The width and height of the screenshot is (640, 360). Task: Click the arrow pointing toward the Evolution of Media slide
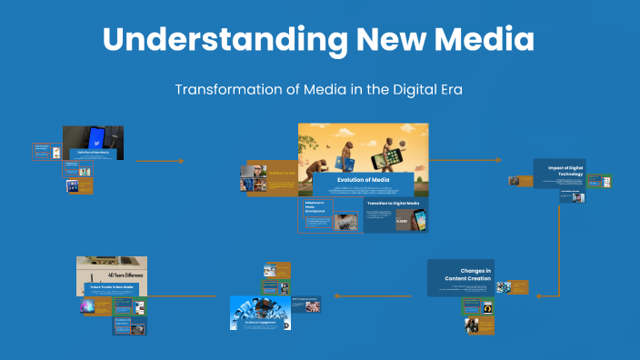coord(181,161)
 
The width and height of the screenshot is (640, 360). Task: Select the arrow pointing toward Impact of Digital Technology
coord(497,160)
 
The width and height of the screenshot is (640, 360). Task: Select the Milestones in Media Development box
coord(318,205)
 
